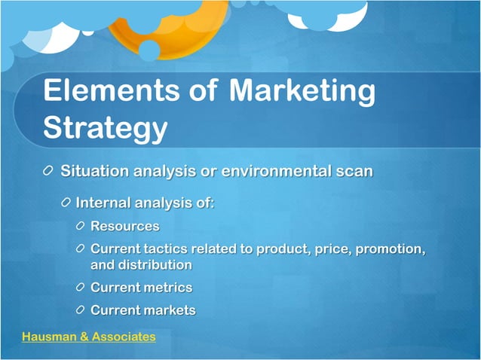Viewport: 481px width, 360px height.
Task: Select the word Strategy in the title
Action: pos(105,127)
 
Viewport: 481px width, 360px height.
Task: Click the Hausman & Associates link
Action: pos(89,337)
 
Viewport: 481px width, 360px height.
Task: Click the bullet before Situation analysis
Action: pos(49,171)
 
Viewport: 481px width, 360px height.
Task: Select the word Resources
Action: pos(124,226)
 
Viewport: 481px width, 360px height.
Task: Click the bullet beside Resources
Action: pos(81,226)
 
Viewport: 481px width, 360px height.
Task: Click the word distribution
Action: pos(155,265)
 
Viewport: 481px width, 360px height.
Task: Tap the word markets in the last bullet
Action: pos(169,310)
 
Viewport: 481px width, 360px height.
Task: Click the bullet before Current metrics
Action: pos(81,288)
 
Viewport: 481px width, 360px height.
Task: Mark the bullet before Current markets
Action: pos(81,310)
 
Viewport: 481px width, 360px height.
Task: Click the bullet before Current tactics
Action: pos(81,249)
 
